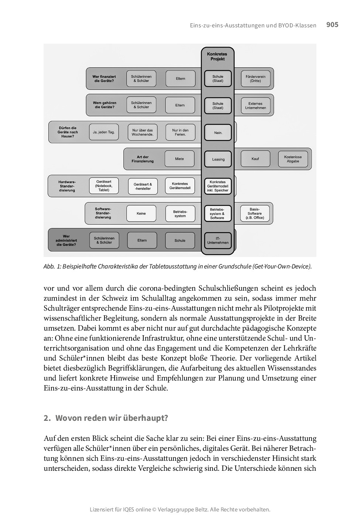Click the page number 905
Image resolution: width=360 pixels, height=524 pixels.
tap(332, 25)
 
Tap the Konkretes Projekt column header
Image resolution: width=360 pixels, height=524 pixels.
tap(217, 56)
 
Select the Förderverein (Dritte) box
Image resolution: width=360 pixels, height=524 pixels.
tap(255, 79)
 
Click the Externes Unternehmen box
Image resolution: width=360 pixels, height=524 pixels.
tap(255, 106)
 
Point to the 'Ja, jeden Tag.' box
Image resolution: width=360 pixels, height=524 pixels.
tap(104, 132)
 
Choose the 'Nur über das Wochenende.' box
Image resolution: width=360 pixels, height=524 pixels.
tap(142, 132)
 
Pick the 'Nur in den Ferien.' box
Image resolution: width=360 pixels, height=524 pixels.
tap(180, 132)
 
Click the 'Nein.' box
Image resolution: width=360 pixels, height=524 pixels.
tap(218, 133)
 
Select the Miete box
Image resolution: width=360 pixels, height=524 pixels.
tap(179, 159)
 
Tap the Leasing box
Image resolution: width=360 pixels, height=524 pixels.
tap(218, 159)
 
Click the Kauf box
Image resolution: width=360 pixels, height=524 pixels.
tap(255, 159)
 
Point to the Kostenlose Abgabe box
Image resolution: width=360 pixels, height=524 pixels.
tap(293, 159)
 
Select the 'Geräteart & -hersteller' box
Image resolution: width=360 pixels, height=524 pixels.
tap(143, 186)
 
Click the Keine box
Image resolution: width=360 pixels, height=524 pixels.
tap(141, 213)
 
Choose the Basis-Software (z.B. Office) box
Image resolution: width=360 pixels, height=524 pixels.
tap(255, 213)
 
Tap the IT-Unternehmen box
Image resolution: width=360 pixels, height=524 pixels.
tap(218, 241)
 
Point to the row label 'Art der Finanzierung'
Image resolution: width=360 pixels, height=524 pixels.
tap(143, 159)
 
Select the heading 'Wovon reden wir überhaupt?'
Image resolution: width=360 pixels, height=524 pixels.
tap(111, 418)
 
